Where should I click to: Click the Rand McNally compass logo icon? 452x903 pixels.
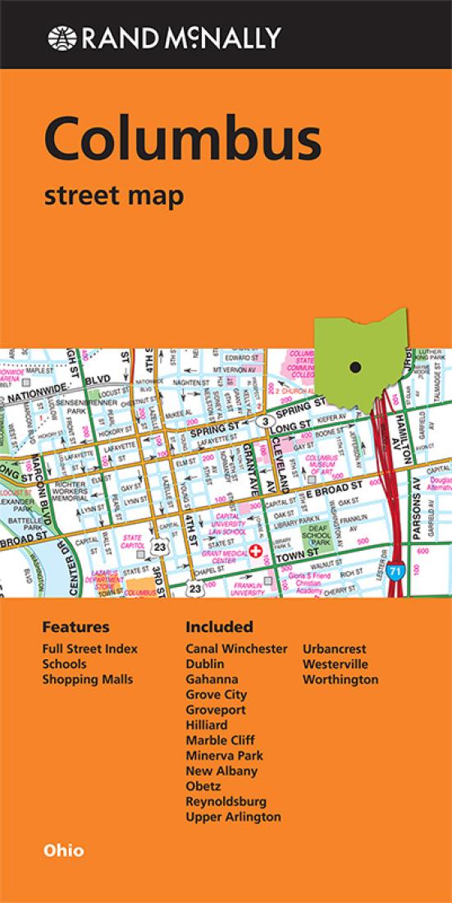point(60,37)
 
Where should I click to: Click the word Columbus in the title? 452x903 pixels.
point(183,140)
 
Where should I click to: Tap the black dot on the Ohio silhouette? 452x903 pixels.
point(354,367)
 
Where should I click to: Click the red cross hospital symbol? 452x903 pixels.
point(258,552)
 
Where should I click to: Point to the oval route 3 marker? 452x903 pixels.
point(265,421)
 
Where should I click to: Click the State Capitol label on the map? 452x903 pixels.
point(131,543)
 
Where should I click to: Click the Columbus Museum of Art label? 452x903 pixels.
point(322,464)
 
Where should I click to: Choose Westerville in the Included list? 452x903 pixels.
point(335,664)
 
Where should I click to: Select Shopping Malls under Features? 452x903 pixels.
point(88,680)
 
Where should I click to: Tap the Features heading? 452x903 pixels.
point(75,627)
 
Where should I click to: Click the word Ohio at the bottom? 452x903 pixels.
point(63,850)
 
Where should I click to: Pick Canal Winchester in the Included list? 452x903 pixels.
point(236,649)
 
